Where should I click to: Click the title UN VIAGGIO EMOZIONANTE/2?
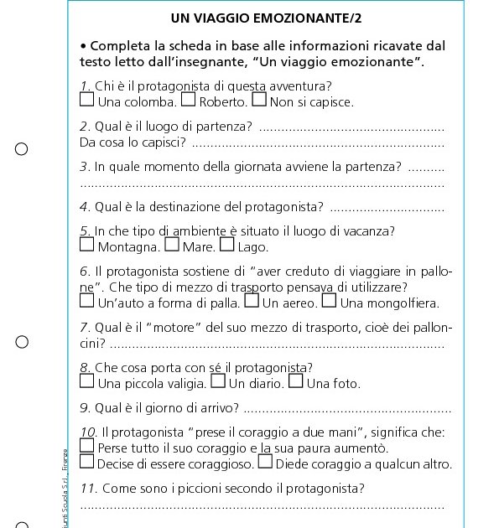pos(260,17)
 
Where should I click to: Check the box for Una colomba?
pos(87,101)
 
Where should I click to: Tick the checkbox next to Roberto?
pos(189,101)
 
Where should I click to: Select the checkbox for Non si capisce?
pos(259,101)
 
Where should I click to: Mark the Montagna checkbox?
pos(87,246)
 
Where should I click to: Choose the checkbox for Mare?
pos(172,246)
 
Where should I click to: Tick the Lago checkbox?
pos(226,246)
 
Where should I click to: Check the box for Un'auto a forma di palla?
pos(87,300)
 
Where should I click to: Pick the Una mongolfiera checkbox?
pos(330,300)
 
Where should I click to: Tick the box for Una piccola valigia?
pos(87,382)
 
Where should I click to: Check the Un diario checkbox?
pos(218,382)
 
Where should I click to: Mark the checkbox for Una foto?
pos(296,382)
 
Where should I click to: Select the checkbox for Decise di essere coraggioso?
pos(87,462)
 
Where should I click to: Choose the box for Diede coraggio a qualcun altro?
pos(265,462)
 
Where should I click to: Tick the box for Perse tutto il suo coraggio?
pos(87,447)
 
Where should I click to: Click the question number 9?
pos(84,409)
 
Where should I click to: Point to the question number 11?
pos(88,489)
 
